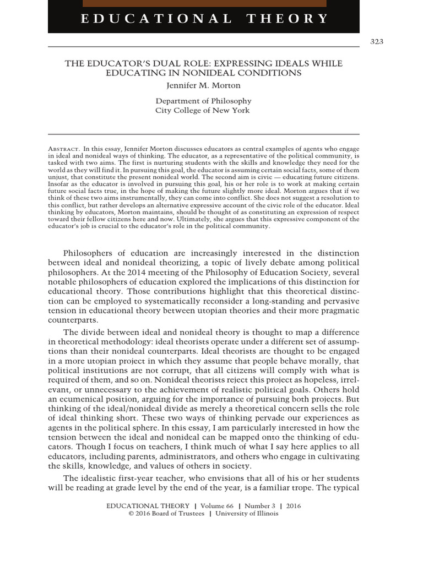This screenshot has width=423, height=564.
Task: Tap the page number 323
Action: point(377,42)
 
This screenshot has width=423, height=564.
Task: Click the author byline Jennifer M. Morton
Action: point(203,85)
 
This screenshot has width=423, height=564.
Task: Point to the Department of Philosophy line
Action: point(203,101)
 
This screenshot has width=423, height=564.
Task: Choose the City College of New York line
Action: point(203,110)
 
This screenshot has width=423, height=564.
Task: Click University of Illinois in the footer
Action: point(247,513)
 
